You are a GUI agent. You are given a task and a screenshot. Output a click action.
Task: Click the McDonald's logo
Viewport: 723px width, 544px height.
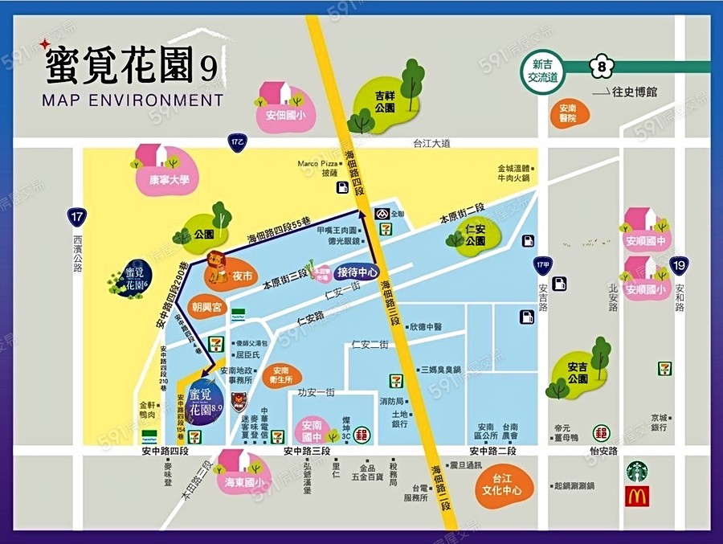(637, 497)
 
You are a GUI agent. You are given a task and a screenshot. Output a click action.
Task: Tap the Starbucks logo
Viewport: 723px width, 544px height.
(637, 471)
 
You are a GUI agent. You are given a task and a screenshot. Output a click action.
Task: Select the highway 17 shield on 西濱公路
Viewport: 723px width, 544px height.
(77, 217)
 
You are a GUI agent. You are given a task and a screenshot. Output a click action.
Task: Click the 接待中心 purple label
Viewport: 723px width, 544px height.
(357, 272)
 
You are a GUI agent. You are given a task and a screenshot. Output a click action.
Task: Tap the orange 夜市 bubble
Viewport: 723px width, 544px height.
(242, 275)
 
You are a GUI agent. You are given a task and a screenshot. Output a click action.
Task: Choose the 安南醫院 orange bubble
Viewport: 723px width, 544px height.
(569, 113)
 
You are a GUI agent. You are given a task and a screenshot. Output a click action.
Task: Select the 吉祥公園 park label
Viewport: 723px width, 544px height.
(385, 100)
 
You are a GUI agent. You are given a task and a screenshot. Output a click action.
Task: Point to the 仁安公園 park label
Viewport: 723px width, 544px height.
(475, 235)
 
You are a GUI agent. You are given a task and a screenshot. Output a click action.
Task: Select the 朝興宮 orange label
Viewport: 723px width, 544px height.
(206, 307)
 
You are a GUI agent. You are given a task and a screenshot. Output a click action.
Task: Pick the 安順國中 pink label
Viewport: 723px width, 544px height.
(647, 240)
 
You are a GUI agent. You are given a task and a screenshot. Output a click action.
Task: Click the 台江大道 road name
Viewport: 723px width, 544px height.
(431, 143)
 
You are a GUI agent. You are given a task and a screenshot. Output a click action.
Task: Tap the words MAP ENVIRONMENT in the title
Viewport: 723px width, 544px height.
(132, 100)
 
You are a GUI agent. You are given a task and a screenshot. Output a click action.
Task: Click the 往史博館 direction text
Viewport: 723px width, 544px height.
(635, 92)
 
